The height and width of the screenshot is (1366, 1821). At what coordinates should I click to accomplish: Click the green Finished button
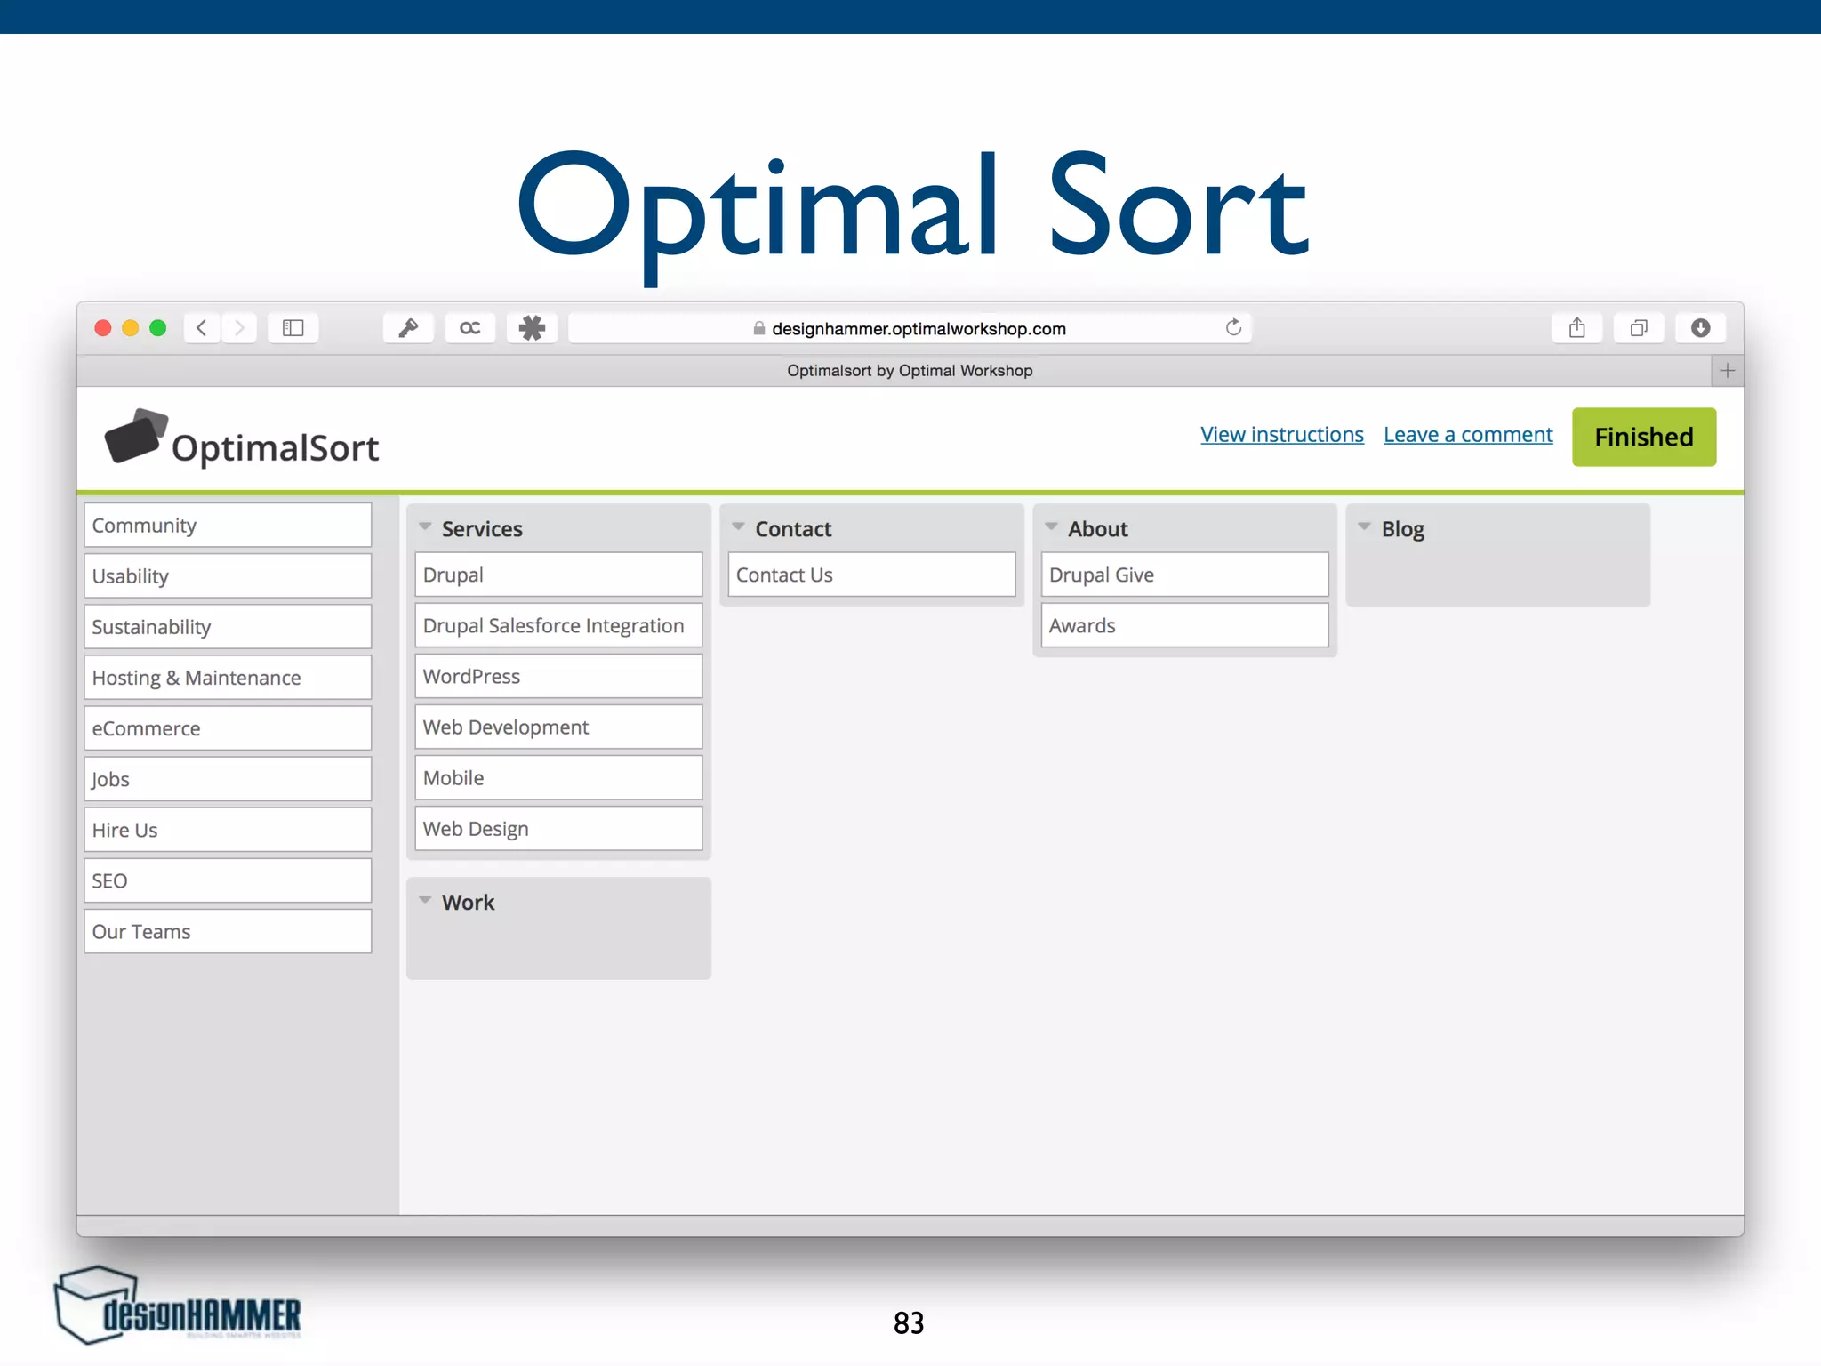(x=1643, y=437)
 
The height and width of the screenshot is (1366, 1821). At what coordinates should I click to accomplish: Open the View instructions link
(x=1281, y=435)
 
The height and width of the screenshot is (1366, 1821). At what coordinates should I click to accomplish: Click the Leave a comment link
(x=1467, y=435)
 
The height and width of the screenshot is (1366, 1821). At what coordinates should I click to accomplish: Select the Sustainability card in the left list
(x=228, y=627)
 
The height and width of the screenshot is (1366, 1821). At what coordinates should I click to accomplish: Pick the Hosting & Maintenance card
(x=228, y=678)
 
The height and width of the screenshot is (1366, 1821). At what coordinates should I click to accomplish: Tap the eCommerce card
(x=228, y=728)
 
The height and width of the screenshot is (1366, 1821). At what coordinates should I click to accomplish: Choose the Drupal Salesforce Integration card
(x=558, y=626)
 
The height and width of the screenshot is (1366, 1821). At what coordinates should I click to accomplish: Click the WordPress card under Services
(x=558, y=677)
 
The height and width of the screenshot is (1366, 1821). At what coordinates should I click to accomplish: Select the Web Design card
(x=558, y=829)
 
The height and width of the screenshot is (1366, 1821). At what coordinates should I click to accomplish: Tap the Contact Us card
(x=871, y=575)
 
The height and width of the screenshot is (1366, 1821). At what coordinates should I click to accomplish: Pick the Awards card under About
(x=1184, y=626)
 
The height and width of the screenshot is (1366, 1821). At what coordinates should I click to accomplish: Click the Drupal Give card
(x=1184, y=575)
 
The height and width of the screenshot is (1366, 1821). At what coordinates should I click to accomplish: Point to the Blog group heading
(x=1402, y=529)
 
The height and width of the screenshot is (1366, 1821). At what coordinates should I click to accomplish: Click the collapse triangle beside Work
(x=426, y=901)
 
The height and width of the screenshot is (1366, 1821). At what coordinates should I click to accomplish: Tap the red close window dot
(x=103, y=328)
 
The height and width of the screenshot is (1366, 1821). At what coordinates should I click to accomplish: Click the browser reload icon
(x=1233, y=328)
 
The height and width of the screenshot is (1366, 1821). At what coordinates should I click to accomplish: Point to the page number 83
(x=909, y=1322)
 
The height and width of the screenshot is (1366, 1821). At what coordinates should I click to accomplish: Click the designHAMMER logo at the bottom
(x=178, y=1307)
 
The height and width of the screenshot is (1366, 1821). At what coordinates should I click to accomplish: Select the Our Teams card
(x=228, y=931)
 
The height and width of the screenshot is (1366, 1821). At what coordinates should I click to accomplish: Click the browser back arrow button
(x=202, y=328)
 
